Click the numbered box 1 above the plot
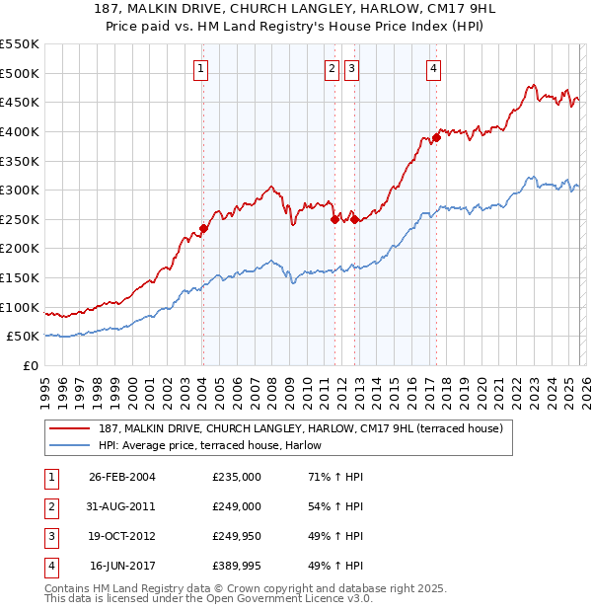[201, 68]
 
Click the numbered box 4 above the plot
[433, 68]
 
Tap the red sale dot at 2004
[203, 228]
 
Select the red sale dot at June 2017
[435, 138]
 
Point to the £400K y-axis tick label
[20, 131]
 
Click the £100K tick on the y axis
[20, 307]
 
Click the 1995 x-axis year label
[45, 386]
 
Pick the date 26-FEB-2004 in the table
[122, 477]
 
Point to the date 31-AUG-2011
[122, 506]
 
